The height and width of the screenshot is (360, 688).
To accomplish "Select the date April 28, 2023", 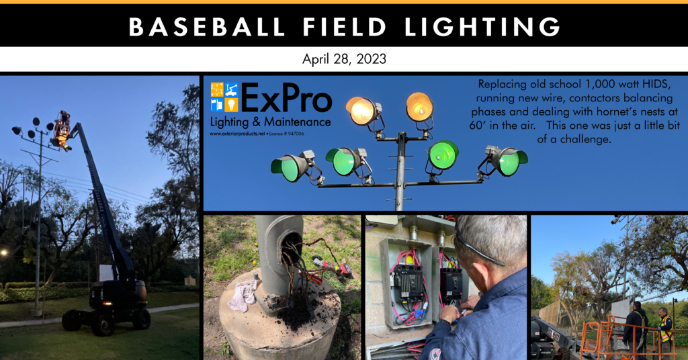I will click(344, 59).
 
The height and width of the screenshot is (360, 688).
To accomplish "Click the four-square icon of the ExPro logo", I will click(224, 97).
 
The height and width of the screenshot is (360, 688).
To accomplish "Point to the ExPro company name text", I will click(287, 99).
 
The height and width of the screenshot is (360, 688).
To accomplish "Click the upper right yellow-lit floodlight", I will click(419, 106).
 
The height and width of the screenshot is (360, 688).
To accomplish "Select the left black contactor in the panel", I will click(408, 282).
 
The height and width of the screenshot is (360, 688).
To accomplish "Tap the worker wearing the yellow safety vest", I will click(665, 327).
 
